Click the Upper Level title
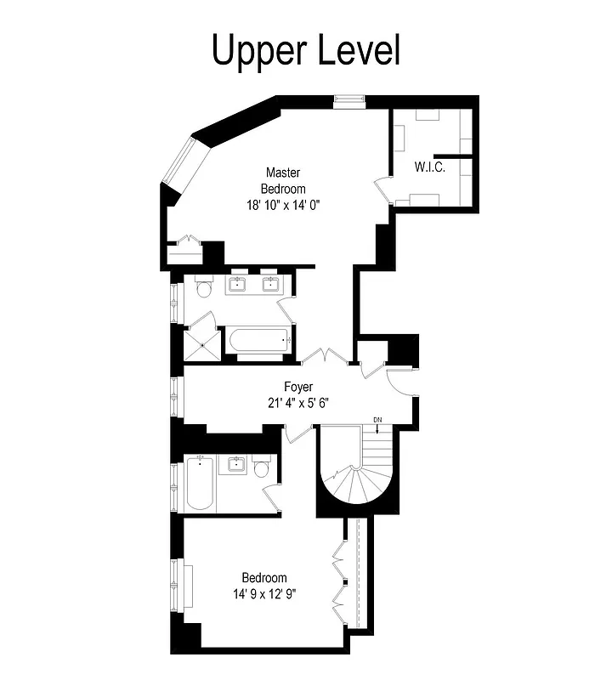click(x=305, y=50)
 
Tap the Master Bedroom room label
click(x=283, y=180)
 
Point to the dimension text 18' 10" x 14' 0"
click(x=283, y=205)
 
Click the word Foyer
click(x=297, y=387)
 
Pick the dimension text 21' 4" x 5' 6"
click(x=297, y=403)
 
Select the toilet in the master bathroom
click(x=202, y=289)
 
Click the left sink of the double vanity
click(x=238, y=284)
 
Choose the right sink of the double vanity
click(x=271, y=284)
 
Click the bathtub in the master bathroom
click(x=258, y=341)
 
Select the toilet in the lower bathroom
click(x=262, y=468)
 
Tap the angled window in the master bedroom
click(x=182, y=165)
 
